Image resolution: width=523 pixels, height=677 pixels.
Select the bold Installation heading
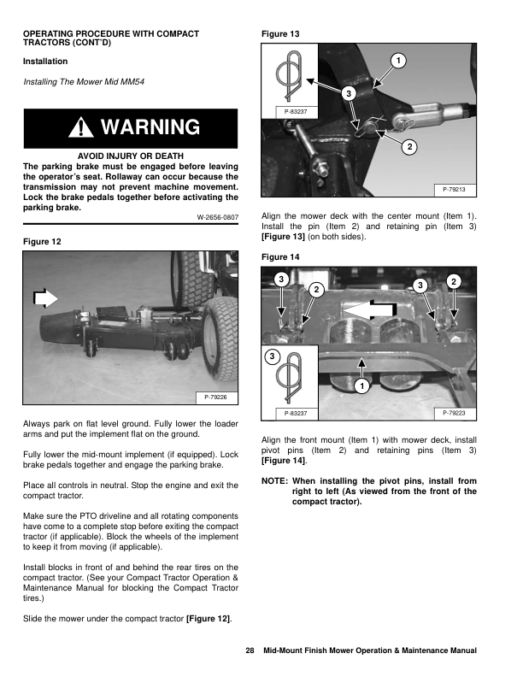(x=45, y=62)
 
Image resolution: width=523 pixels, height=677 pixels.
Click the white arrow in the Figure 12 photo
(x=43, y=297)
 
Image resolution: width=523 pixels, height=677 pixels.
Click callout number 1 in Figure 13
(x=398, y=59)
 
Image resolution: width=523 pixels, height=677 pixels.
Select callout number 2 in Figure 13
(x=409, y=148)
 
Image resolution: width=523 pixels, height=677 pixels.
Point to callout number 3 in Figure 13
(x=348, y=92)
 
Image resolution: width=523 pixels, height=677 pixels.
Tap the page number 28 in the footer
(x=250, y=651)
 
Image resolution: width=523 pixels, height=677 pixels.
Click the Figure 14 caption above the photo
(x=280, y=256)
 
